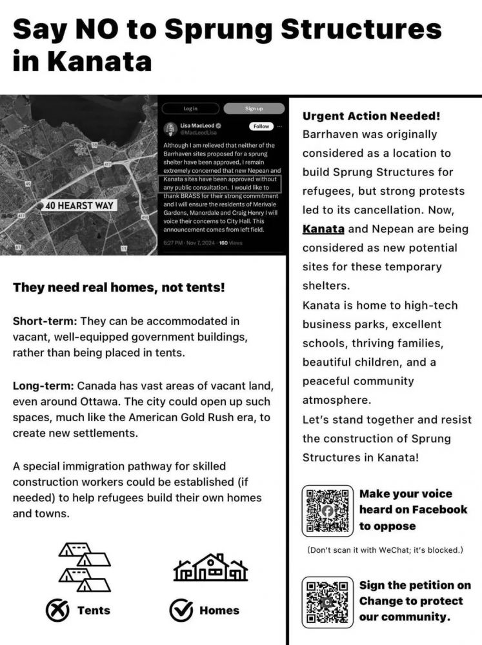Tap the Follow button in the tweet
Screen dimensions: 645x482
[260, 126]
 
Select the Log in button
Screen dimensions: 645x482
[190, 108]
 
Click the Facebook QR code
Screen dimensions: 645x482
[328, 511]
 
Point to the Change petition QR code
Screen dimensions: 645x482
[328, 602]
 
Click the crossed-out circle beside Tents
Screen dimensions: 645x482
[58, 610]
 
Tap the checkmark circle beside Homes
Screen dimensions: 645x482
[181, 610]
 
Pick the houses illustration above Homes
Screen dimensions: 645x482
[210, 568]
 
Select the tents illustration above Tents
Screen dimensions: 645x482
[85, 566]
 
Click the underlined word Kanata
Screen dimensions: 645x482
[323, 229]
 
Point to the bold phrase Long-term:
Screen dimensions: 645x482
[44, 386]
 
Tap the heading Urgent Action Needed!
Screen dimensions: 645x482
[371, 116]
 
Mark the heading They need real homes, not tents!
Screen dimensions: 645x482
[119, 288]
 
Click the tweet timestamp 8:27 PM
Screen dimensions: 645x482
[175, 243]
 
